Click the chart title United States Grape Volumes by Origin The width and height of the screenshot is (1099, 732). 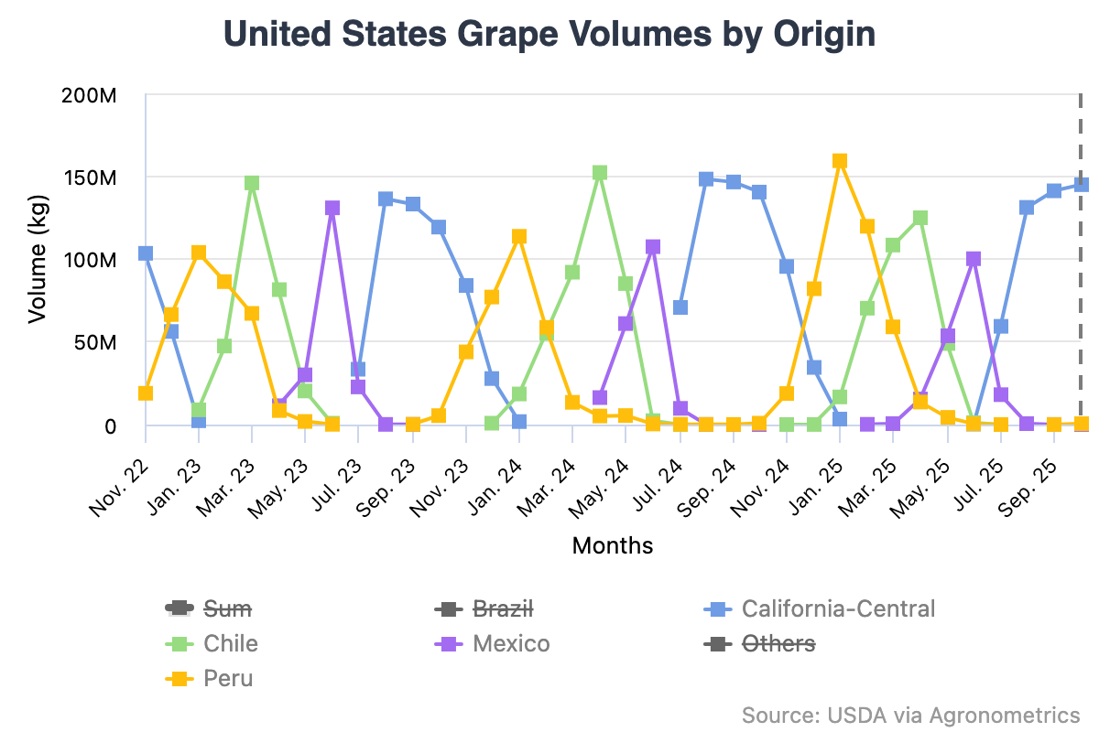pos(549,35)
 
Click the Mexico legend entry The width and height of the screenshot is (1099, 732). pos(511,643)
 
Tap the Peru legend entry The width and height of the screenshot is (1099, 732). pos(228,678)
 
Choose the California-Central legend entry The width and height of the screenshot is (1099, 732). pos(838,608)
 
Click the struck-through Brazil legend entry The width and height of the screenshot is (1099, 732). pos(503,608)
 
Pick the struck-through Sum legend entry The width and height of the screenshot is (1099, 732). pos(227,608)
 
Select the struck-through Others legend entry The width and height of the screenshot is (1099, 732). pos(778,643)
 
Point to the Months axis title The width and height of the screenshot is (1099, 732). pos(613,546)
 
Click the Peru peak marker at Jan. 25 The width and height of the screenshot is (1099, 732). pos(840,161)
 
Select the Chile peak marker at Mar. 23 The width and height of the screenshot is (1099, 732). pos(252,183)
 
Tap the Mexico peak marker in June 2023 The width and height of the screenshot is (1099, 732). pos(332,208)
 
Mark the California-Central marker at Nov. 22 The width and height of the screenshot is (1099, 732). pos(146,253)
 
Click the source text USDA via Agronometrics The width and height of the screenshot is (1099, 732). pos(910,715)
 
